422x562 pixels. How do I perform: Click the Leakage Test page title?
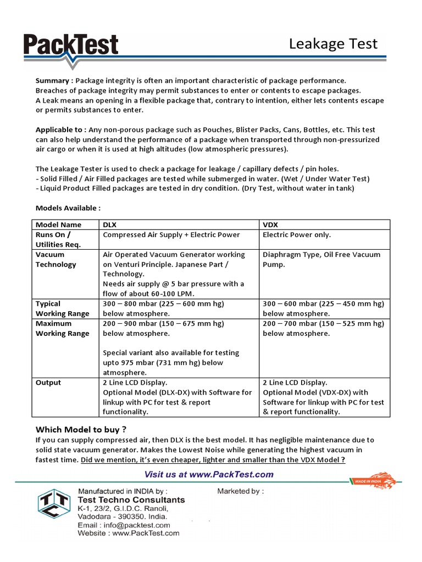point(333,44)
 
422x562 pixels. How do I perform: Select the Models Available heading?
point(68,209)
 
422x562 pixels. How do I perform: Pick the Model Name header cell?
point(58,224)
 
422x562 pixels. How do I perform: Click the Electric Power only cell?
point(297,234)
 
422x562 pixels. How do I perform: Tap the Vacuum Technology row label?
point(56,260)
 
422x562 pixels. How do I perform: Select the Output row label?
point(48,383)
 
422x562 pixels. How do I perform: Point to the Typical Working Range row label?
point(62,308)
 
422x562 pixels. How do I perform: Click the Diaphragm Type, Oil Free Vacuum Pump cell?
point(321,260)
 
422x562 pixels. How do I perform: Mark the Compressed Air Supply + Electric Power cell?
point(171,234)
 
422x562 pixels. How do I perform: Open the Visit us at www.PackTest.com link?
point(209,474)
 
